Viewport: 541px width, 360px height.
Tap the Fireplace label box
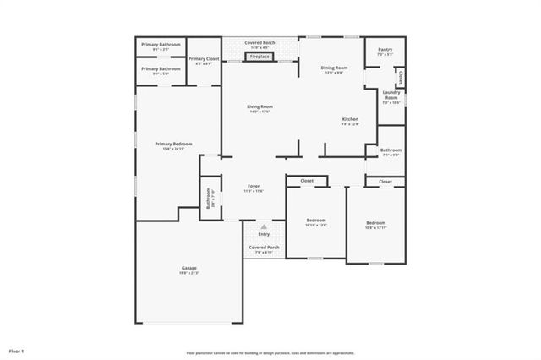pos(260,57)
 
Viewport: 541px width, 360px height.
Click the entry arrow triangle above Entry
pos(264,226)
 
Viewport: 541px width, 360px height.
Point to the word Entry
pos(264,234)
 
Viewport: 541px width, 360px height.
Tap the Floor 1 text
pos(17,350)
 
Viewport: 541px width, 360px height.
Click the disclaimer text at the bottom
pos(270,353)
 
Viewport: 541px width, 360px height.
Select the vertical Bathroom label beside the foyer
pos(208,199)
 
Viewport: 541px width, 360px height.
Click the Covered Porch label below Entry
pos(264,248)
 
